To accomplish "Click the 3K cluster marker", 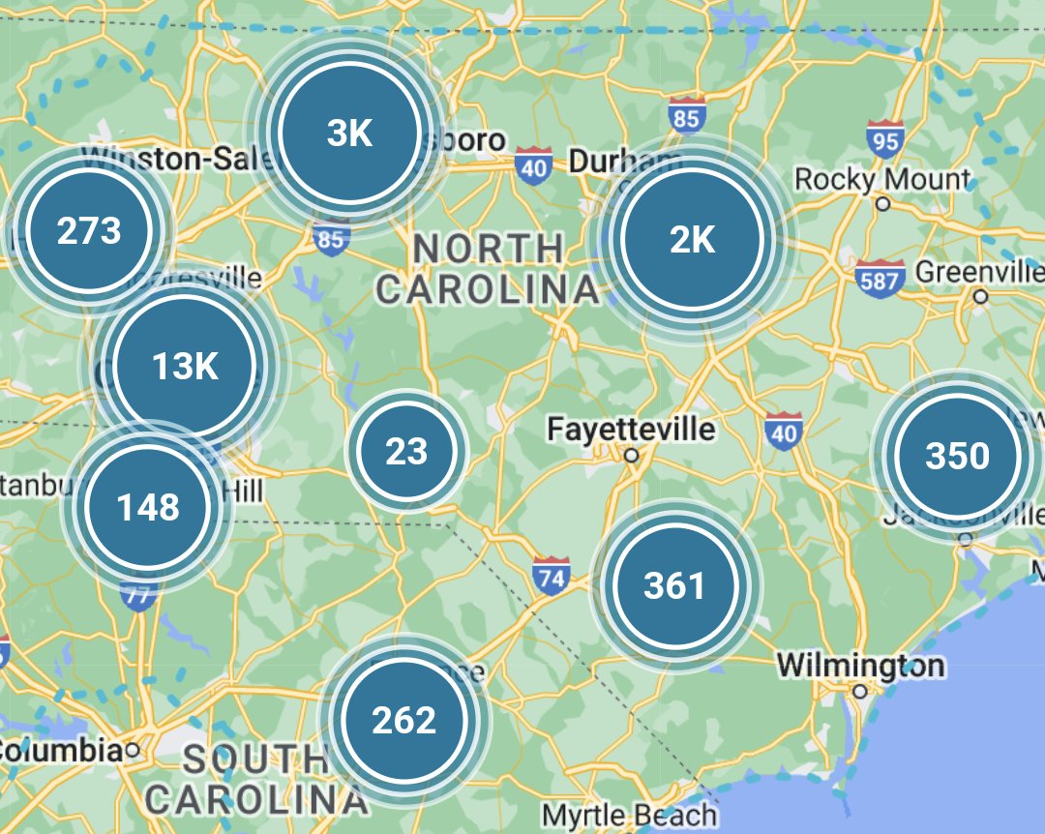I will pos(349,133).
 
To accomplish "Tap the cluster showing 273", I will pos(89,231).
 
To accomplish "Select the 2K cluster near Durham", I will pos(692,240).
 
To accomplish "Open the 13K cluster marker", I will pos(185,366).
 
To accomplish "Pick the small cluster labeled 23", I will pos(406,451).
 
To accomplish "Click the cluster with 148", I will pos(147,506).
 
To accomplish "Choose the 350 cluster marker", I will pos(957,456).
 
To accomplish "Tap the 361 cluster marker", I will pos(674,585).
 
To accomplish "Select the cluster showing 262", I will pos(404,720).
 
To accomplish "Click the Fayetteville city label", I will pos(631,428).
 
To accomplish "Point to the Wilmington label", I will pos(860,666).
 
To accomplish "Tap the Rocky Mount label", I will pos(881,179).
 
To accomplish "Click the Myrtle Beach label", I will pos(629,815).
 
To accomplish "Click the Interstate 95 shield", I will pos(884,138).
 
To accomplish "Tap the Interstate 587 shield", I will pos(880,279).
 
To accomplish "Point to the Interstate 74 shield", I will pos(551,575).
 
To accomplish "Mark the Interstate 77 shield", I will pos(139,594).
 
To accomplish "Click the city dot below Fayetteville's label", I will pos(631,455).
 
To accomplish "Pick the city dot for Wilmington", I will pos(859,691).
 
